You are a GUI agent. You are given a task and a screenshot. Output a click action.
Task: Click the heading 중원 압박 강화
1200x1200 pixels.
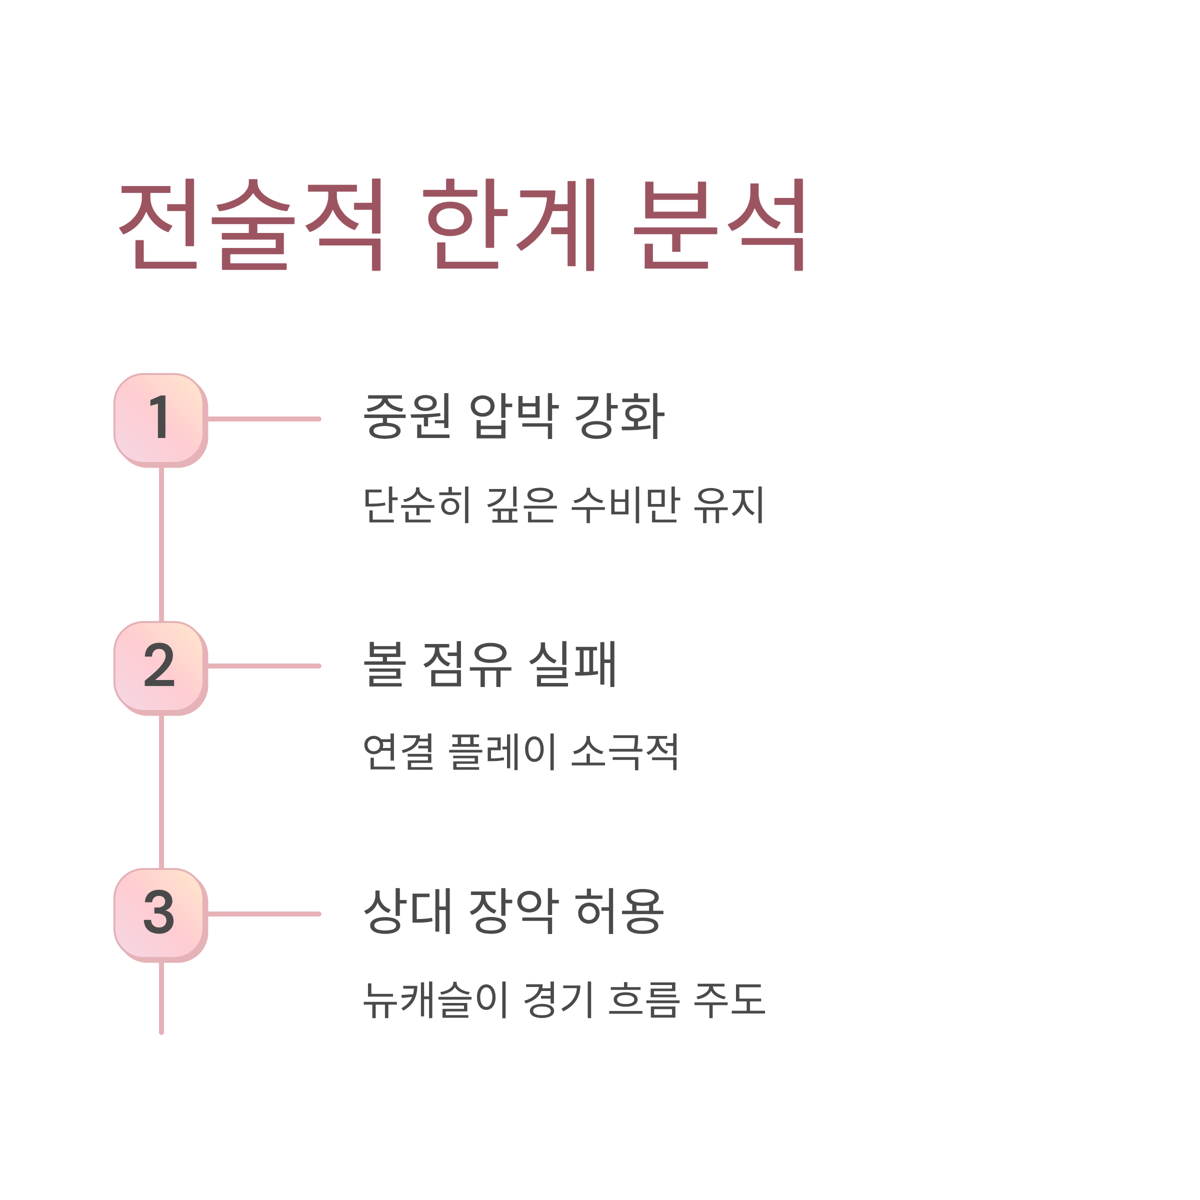513,416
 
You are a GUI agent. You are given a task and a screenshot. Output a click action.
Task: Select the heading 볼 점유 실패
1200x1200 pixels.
489,664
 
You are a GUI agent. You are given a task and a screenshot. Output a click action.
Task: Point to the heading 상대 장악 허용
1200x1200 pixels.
513,911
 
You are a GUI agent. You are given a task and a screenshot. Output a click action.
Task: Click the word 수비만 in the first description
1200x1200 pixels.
625,504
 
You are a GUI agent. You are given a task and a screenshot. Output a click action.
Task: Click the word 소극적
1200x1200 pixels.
625,751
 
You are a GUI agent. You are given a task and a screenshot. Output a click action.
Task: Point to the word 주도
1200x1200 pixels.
729,999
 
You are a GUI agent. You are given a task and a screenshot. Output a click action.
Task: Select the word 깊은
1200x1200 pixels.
520,504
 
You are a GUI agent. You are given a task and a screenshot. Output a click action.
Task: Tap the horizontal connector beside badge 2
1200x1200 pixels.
264,666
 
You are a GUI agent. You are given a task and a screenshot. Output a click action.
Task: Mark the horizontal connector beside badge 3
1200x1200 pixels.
264,913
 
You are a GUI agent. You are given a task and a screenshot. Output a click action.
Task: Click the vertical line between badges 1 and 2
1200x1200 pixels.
161,544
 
